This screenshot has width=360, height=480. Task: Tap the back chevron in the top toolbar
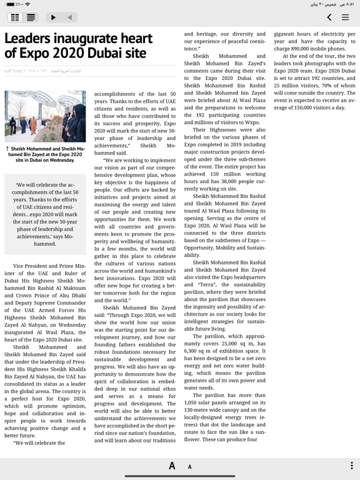click(329, 17)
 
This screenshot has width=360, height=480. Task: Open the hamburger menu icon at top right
click(345, 17)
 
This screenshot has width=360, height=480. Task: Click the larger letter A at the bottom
click(172, 466)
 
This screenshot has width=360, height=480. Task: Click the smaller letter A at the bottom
click(190, 466)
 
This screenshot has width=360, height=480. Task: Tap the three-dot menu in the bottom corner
click(351, 466)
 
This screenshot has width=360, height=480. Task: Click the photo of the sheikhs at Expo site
click(45, 116)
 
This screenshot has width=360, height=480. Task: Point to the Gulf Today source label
click(14, 71)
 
